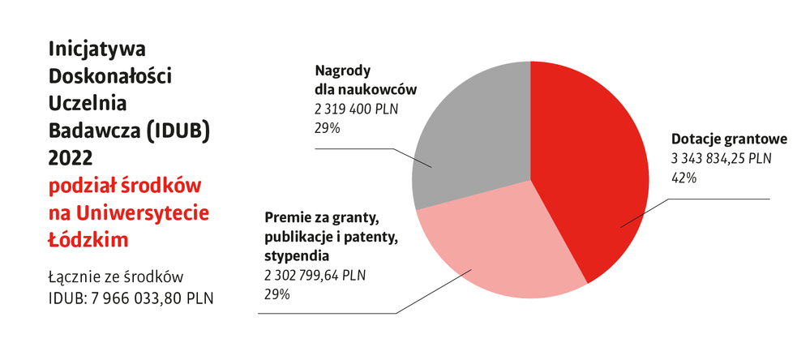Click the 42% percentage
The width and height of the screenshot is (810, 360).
[684, 178]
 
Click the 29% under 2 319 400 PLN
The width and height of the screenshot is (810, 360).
[326, 127]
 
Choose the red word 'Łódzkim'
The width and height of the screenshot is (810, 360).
[89, 240]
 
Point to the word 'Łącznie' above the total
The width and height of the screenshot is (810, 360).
[78, 276]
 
